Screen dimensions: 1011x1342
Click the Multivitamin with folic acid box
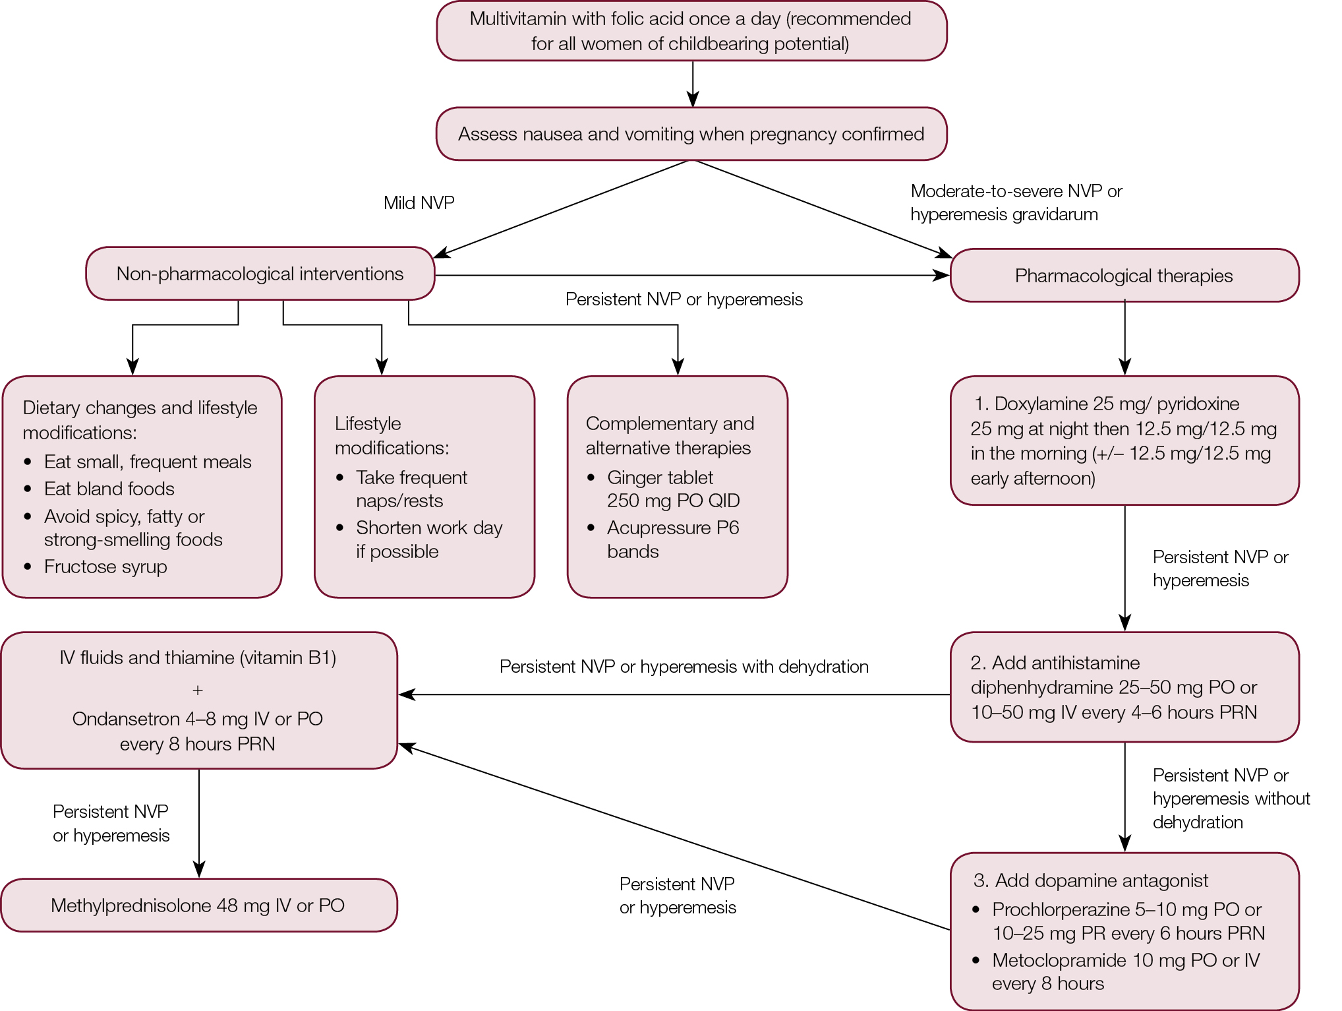click(691, 31)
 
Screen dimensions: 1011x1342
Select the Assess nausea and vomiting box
click(691, 134)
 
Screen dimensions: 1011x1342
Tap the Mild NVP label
click(419, 202)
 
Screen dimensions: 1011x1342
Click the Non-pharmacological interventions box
click(260, 274)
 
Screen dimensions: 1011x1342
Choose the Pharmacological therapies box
click(1124, 276)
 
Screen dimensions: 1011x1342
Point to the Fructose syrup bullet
click(105, 567)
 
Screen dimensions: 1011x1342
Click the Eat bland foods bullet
click(109, 489)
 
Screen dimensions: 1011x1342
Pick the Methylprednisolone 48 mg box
click(198, 905)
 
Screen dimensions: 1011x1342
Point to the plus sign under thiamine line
click(198, 690)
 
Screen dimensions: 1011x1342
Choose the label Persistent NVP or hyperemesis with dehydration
click(684, 667)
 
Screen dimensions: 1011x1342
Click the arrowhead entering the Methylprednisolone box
click(199, 870)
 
